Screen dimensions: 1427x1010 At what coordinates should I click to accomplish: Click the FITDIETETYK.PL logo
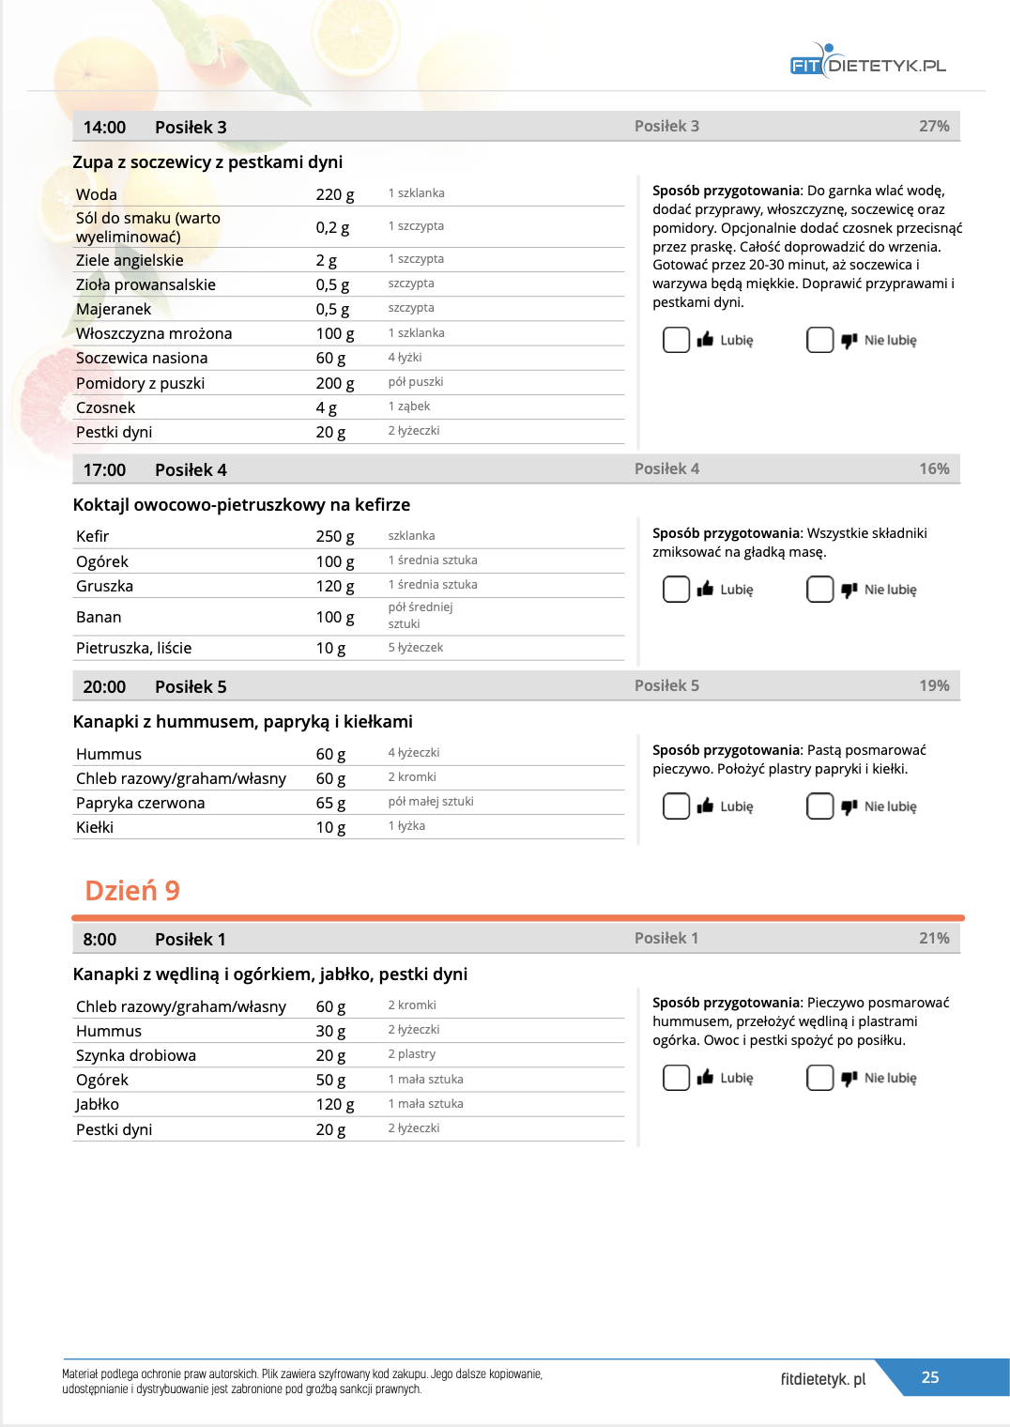pos(867,64)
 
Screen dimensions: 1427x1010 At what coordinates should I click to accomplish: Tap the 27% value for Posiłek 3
pos(934,126)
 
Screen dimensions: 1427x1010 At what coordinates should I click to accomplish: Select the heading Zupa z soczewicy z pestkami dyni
pos(207,162)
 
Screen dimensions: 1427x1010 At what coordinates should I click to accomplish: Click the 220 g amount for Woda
pos(335,194)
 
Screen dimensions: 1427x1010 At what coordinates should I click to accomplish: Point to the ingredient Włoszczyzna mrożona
pos(154,333)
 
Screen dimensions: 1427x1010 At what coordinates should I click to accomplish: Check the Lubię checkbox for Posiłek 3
pos(676,340)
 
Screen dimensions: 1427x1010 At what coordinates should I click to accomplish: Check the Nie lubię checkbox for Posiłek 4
pos(819,590)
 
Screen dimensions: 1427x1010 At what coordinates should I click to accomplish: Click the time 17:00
pos(104,469)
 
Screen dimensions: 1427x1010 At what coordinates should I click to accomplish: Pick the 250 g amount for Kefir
pos(335,536)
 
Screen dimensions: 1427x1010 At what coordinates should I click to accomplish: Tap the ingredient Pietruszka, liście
pos(133,648)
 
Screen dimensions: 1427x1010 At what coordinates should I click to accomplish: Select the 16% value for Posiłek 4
pos(934,468)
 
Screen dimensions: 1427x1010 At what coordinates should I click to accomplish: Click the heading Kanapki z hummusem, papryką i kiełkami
pos(242,722)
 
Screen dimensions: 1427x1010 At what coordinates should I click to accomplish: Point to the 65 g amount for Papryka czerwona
pos(330,803)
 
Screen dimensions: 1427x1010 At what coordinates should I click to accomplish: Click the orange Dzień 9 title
pos(132,890)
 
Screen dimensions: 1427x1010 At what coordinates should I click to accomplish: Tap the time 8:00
pos(99,939)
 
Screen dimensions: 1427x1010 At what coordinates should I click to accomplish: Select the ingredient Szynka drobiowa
pos(136,1055)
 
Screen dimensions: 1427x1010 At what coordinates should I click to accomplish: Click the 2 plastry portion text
pos(412,1054)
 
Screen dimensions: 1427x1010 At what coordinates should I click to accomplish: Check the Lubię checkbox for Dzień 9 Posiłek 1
pos(676,1078)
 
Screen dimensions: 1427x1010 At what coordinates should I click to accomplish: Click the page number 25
pos(930,1377)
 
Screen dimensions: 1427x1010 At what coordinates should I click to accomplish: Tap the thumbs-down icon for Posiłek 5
pos(849,806)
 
